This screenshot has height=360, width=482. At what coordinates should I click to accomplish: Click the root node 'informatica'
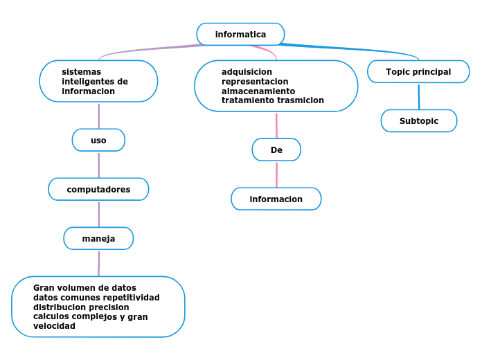click(240, 34)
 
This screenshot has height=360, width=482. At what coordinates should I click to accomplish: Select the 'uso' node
click(98, 140)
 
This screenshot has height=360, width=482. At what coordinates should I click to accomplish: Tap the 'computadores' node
click(98, 189)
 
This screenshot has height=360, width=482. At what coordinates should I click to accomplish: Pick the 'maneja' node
click(98, 238)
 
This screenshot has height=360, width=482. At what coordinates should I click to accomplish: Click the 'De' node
click(276, 150)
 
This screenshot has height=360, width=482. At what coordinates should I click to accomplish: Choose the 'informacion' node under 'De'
click(276, 199)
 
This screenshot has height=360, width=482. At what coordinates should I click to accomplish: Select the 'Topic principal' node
click(418, 71)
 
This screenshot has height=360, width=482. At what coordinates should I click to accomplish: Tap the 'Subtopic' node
click(419, 120)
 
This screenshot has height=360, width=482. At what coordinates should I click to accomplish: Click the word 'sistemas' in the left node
click(81, 71)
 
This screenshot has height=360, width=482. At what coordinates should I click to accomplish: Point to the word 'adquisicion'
click(247, 71)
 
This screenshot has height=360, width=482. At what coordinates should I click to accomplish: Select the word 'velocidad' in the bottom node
click(54, 325)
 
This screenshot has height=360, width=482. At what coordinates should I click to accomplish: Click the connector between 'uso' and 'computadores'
click(99, 165)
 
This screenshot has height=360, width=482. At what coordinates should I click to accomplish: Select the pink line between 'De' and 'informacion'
click(276, 174)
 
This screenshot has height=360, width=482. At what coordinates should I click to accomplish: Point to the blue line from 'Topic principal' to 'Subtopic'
click(419, 96)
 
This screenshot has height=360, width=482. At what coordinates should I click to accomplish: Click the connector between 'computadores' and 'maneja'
click(99, 214)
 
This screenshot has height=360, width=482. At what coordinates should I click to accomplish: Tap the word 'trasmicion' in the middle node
click(300, 100)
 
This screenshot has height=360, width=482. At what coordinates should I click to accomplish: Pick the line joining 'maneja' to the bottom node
click(99, 263)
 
